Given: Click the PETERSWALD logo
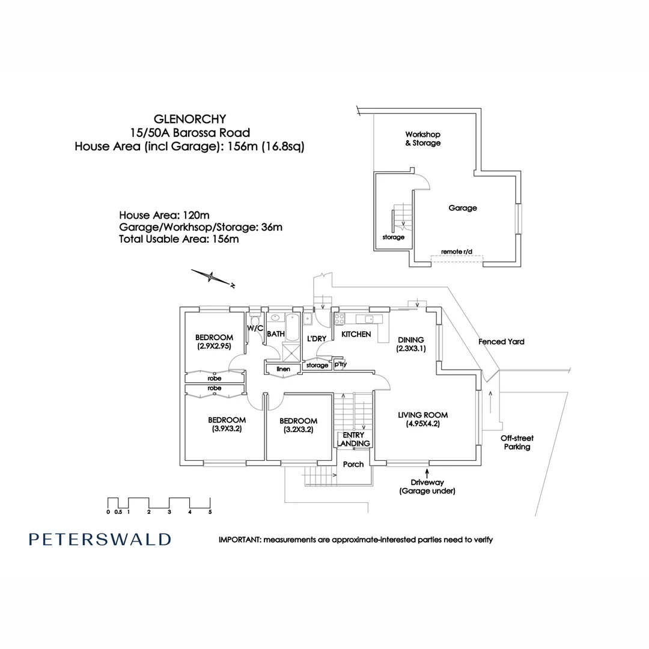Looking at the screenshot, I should tap(100, 539).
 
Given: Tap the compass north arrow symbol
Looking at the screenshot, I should tap(212, 278).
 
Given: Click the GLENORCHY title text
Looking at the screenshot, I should tap(189, 119).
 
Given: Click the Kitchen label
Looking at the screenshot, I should tap(356, 334).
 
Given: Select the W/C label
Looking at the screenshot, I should tap(255, 328).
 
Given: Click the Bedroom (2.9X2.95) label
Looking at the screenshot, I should tap(214, 341).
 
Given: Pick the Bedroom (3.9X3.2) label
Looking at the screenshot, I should tap(227, 424).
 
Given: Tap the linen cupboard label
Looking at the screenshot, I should tap(283, 368).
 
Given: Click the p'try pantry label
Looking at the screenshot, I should tap(340, 364).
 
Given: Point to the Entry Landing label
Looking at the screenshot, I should tap(353, 439).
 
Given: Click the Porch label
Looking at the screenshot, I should tap(353, 464).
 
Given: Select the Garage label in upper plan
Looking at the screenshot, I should tap(463, 208).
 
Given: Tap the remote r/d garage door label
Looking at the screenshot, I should tap(457, 251).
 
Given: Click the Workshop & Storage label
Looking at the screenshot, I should tap(423, 139).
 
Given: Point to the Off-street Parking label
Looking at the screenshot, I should tap(517, 442).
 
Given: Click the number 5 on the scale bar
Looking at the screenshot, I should tap(210, 513).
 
